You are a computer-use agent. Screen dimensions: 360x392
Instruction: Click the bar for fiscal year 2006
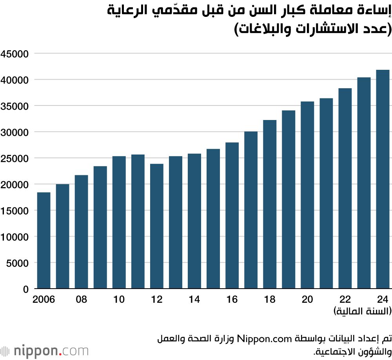(44, 240)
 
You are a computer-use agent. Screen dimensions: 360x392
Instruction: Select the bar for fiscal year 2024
(383, 179)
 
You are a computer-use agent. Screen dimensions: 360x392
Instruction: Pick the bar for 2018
(270, 204)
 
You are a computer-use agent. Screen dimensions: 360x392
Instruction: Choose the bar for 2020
(307, 195)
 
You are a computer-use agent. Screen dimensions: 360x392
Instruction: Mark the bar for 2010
(119, 222)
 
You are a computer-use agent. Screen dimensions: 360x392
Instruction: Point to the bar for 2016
(232, 215)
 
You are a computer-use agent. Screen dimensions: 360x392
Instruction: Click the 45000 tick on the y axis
(15, 54)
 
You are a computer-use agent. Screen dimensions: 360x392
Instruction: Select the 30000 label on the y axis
(15, 132)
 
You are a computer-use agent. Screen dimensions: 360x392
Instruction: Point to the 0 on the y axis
(26, 289)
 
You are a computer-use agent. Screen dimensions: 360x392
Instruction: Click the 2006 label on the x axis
(44, 300)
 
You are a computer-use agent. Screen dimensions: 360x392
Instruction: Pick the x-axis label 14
(194, 300)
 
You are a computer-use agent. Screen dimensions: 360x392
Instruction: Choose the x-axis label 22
(345, 300)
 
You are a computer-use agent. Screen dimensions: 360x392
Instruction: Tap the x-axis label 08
(82, 300)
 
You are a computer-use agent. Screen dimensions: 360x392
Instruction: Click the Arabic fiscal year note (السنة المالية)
(363, 312)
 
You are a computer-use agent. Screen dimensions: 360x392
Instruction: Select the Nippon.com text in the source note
(263, 338)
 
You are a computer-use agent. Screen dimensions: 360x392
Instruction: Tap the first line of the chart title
(249, 11)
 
